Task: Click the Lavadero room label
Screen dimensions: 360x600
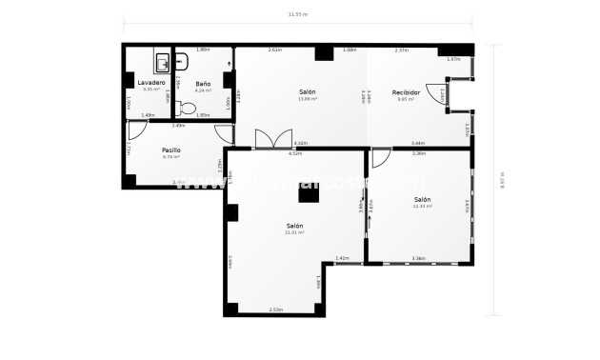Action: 151,83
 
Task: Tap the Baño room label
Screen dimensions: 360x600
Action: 203,83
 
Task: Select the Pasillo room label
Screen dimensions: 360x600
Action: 170,150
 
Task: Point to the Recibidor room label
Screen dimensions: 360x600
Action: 406,91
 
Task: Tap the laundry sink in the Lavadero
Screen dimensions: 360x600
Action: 163,64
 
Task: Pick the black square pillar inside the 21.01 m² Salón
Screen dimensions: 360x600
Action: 307,194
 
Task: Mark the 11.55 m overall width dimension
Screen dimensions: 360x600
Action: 298,15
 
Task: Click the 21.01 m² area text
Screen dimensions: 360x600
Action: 295,232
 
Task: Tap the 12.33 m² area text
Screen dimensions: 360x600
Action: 422,206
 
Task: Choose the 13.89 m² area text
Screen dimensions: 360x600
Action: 308,98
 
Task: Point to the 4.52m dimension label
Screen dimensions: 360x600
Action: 295,152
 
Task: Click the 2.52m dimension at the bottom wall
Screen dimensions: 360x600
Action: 276,309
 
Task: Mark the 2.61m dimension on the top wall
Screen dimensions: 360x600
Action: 275,50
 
